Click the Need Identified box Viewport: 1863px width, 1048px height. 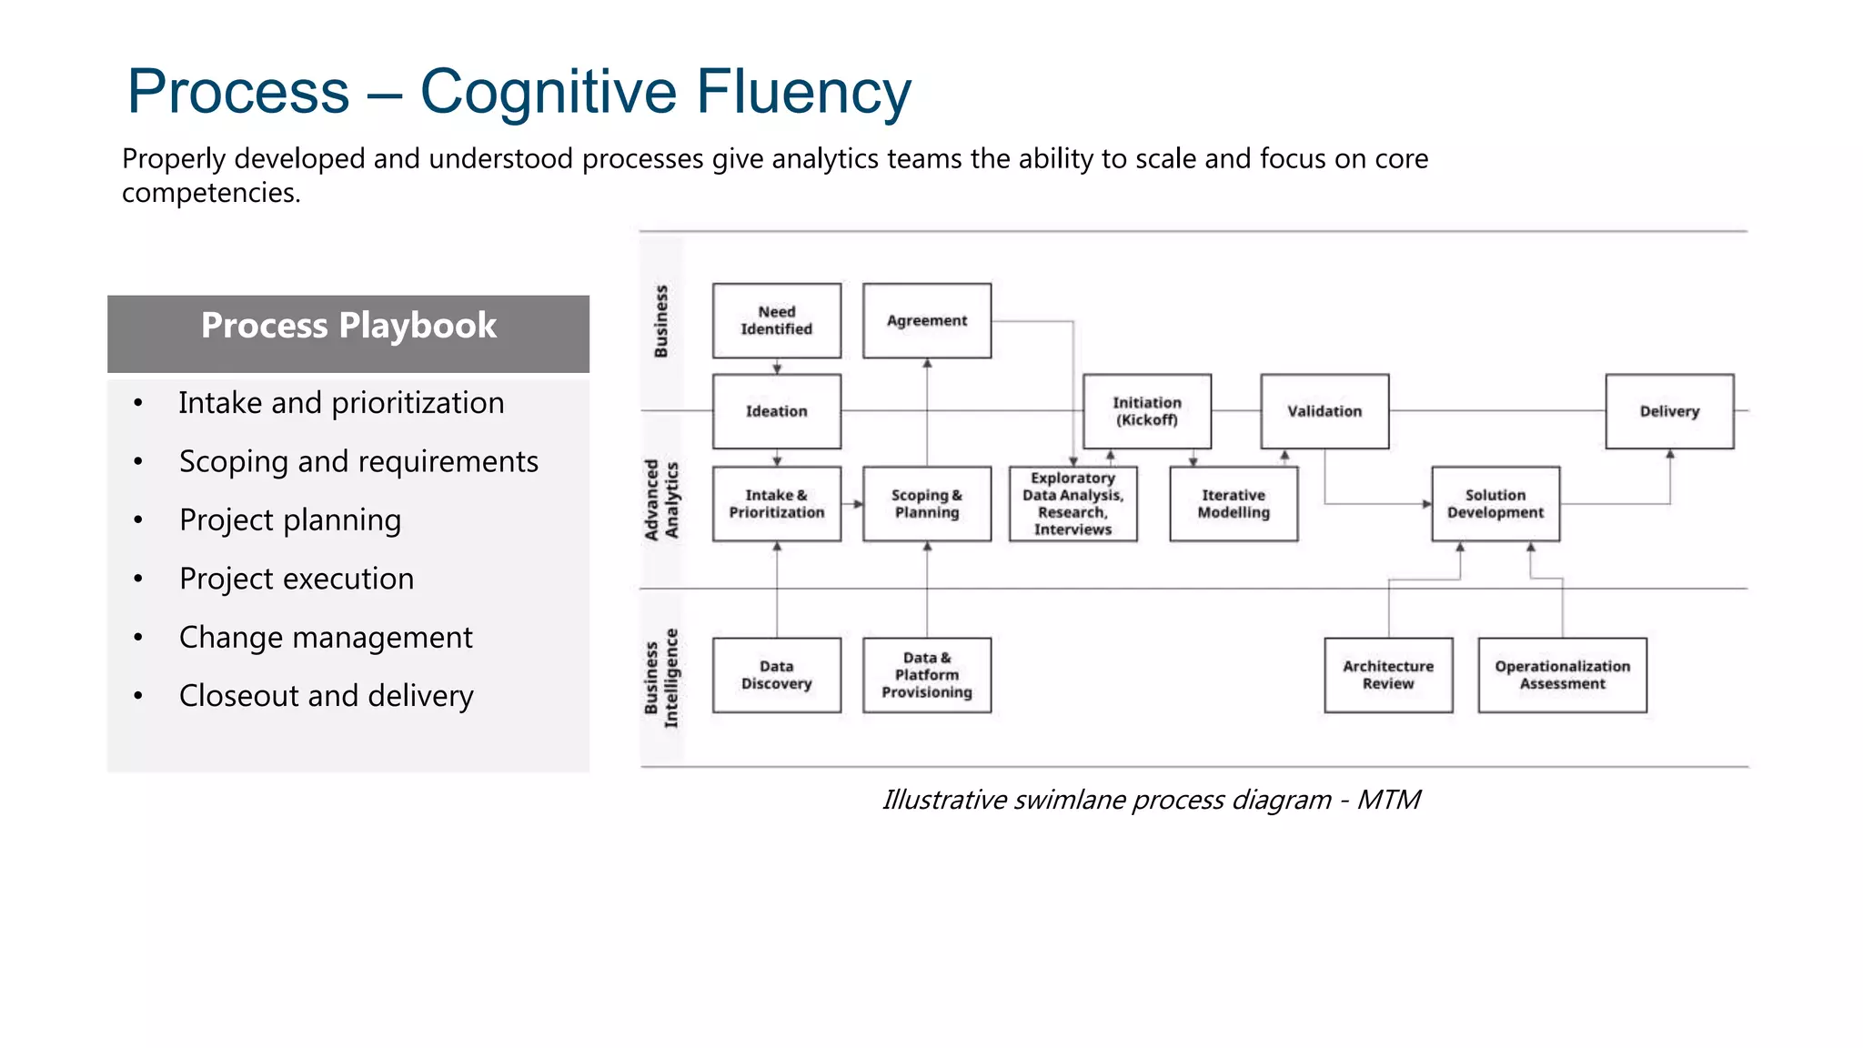(776, 320)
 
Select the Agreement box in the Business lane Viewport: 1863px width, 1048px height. (926, 320)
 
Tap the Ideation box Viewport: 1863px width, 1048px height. (776, 411)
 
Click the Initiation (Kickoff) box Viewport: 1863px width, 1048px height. (1146, 411)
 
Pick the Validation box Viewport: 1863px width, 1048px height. (1324, 411)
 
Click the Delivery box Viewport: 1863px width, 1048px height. (1668, 411)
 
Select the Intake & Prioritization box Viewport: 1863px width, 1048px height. (776, 504)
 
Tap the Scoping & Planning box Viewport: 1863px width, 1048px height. (926, 504)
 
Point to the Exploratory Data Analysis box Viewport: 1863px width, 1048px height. (1072, 504)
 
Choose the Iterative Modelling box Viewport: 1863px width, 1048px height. (1233, 504)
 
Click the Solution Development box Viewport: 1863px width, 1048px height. (1495, 504)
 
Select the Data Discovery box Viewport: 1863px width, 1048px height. (776, 675)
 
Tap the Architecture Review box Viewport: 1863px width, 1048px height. (1387, 675)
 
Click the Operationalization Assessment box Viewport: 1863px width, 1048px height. (1562, 675)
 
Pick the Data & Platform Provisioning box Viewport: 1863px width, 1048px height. (926, 675)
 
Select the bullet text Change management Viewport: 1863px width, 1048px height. (326, 638)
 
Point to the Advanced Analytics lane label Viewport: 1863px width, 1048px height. (661, 500)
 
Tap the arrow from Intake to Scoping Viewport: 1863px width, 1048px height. (852, 504)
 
